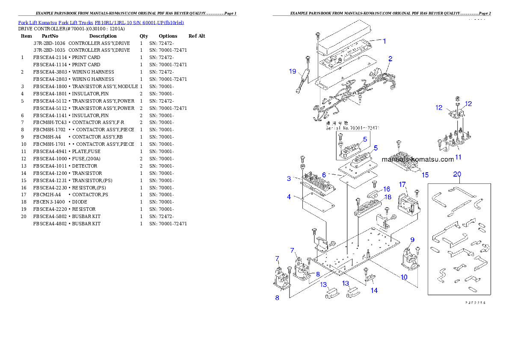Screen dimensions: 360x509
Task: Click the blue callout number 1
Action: [x=384, y=41]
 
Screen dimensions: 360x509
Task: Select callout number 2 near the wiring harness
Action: [x=390, y=59]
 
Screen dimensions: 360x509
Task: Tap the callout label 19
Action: [x=293, y=71]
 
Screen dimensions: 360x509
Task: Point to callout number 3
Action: [x=289, y=179]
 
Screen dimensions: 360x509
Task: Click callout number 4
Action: [x=289, y=197]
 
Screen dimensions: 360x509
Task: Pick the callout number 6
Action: [x=324, y=175]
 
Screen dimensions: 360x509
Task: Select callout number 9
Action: [x=412, y=239]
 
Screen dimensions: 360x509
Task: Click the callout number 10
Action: [x=404, y=277]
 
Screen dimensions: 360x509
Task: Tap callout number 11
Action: [x=458, y=157]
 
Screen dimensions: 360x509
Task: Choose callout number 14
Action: [x=374, y=290]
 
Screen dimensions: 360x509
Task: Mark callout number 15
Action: [x=425, y=174]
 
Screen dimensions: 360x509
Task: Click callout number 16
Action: [x=386, y=189]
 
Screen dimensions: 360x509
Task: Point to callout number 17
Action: [x=402, y=184]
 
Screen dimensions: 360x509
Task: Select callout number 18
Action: [x=388, y=197]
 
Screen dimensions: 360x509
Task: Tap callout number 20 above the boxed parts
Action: [x=457, y=174]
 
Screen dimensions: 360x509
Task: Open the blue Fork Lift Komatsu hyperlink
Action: [x=101, y=22]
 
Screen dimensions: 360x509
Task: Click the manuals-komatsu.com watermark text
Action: [x=417, y=159]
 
